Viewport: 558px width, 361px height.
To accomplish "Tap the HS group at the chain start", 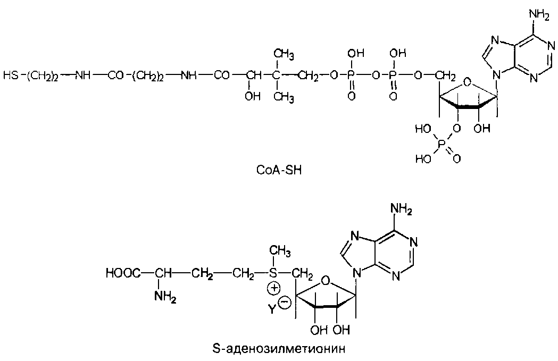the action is (x=10, y=75).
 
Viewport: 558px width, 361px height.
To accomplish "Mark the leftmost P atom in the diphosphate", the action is (x=350, y=75).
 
